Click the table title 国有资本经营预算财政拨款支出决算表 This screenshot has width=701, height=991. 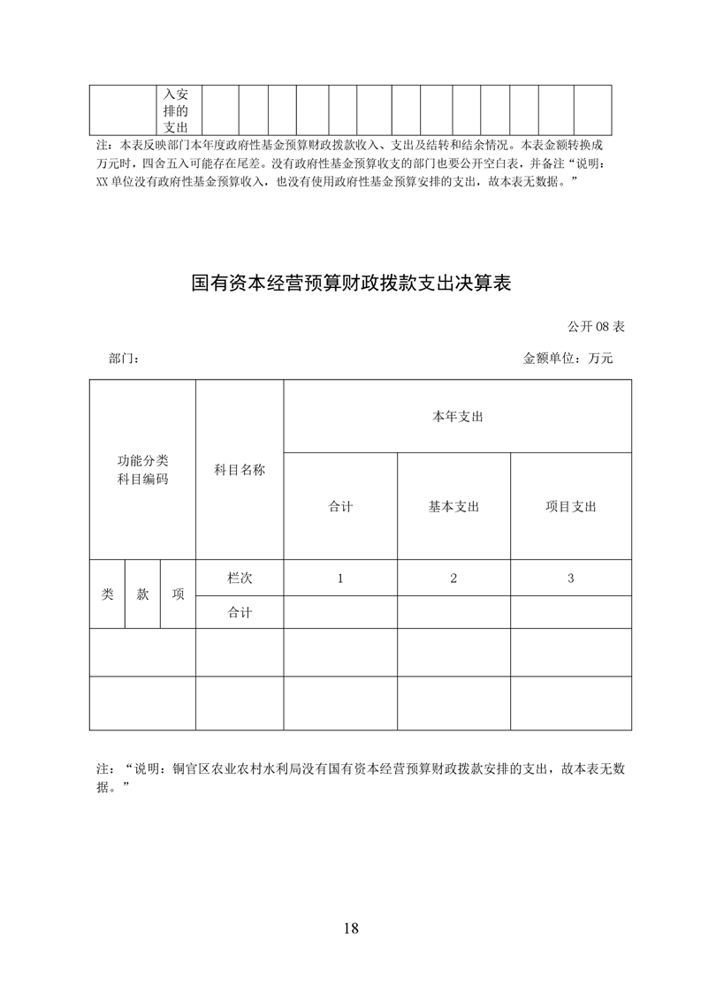tap(352, 284)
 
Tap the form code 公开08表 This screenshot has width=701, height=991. tap(596, 327)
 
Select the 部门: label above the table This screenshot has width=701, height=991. tap(124, 359)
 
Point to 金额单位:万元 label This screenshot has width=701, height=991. tap(568, 359)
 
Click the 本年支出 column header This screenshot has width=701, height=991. tap(457, 416)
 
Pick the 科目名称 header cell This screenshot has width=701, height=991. tap(240, 470)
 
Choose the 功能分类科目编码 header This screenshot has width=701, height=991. tap(142, 470)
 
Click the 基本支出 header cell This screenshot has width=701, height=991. tap(453, 507)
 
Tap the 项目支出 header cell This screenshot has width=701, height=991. tap(570, 507)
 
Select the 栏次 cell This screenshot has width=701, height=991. tap(240, 578)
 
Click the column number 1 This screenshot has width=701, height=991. tap(340, 578)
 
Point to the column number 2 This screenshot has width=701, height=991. tap(453, 578)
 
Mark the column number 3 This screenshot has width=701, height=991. tap(570, 578)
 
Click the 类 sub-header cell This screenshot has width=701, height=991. tap(107, 594)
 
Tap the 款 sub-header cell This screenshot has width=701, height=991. tap(142, 594)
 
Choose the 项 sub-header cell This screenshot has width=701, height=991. tap(178, 594)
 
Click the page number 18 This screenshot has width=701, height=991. tap(350, 928)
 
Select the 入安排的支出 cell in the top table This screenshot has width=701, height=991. tap(176, 110)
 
